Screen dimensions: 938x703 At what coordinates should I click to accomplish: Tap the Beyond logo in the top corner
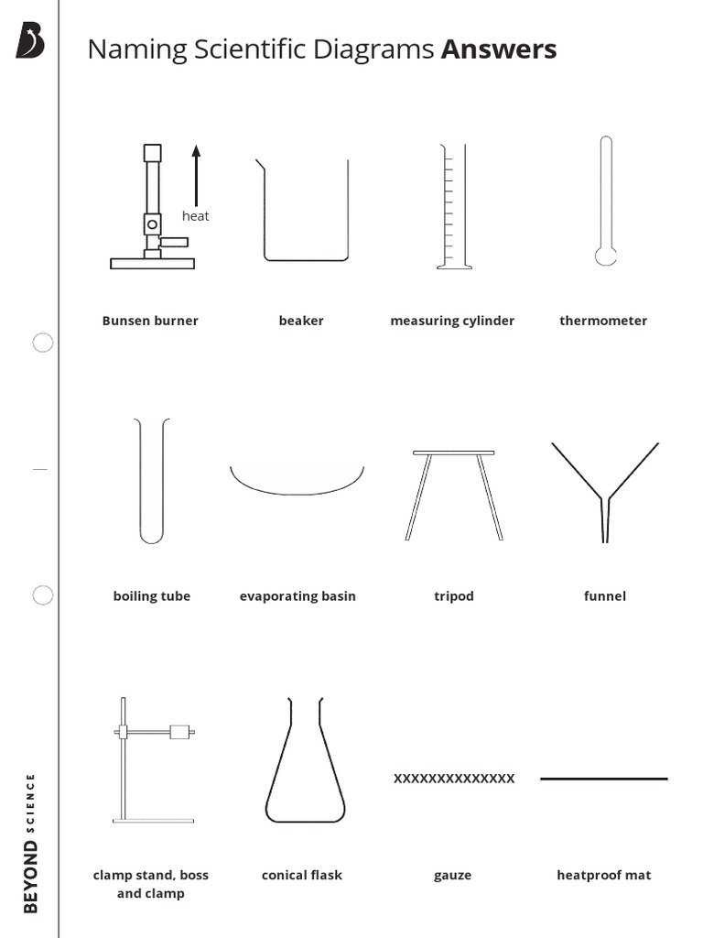30,41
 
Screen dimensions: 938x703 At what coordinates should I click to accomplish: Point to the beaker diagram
305,211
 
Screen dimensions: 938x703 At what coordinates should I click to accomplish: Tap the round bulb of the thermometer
605,255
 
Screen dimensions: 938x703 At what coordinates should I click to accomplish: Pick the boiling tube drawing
152,480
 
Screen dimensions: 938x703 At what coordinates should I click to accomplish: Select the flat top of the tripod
453,453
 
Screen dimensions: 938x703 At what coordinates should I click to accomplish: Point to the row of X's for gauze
454,779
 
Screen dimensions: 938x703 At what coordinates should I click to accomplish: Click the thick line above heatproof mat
604,779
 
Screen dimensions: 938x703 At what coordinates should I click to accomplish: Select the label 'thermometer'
603,321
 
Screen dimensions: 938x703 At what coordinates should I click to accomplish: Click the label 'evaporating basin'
297,596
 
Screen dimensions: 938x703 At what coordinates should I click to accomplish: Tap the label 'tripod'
454,596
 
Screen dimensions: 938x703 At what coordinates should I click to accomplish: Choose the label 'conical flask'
302,875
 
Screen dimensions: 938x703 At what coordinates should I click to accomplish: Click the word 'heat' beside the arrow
195,216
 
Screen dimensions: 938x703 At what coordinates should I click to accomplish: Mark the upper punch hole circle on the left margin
43,343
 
